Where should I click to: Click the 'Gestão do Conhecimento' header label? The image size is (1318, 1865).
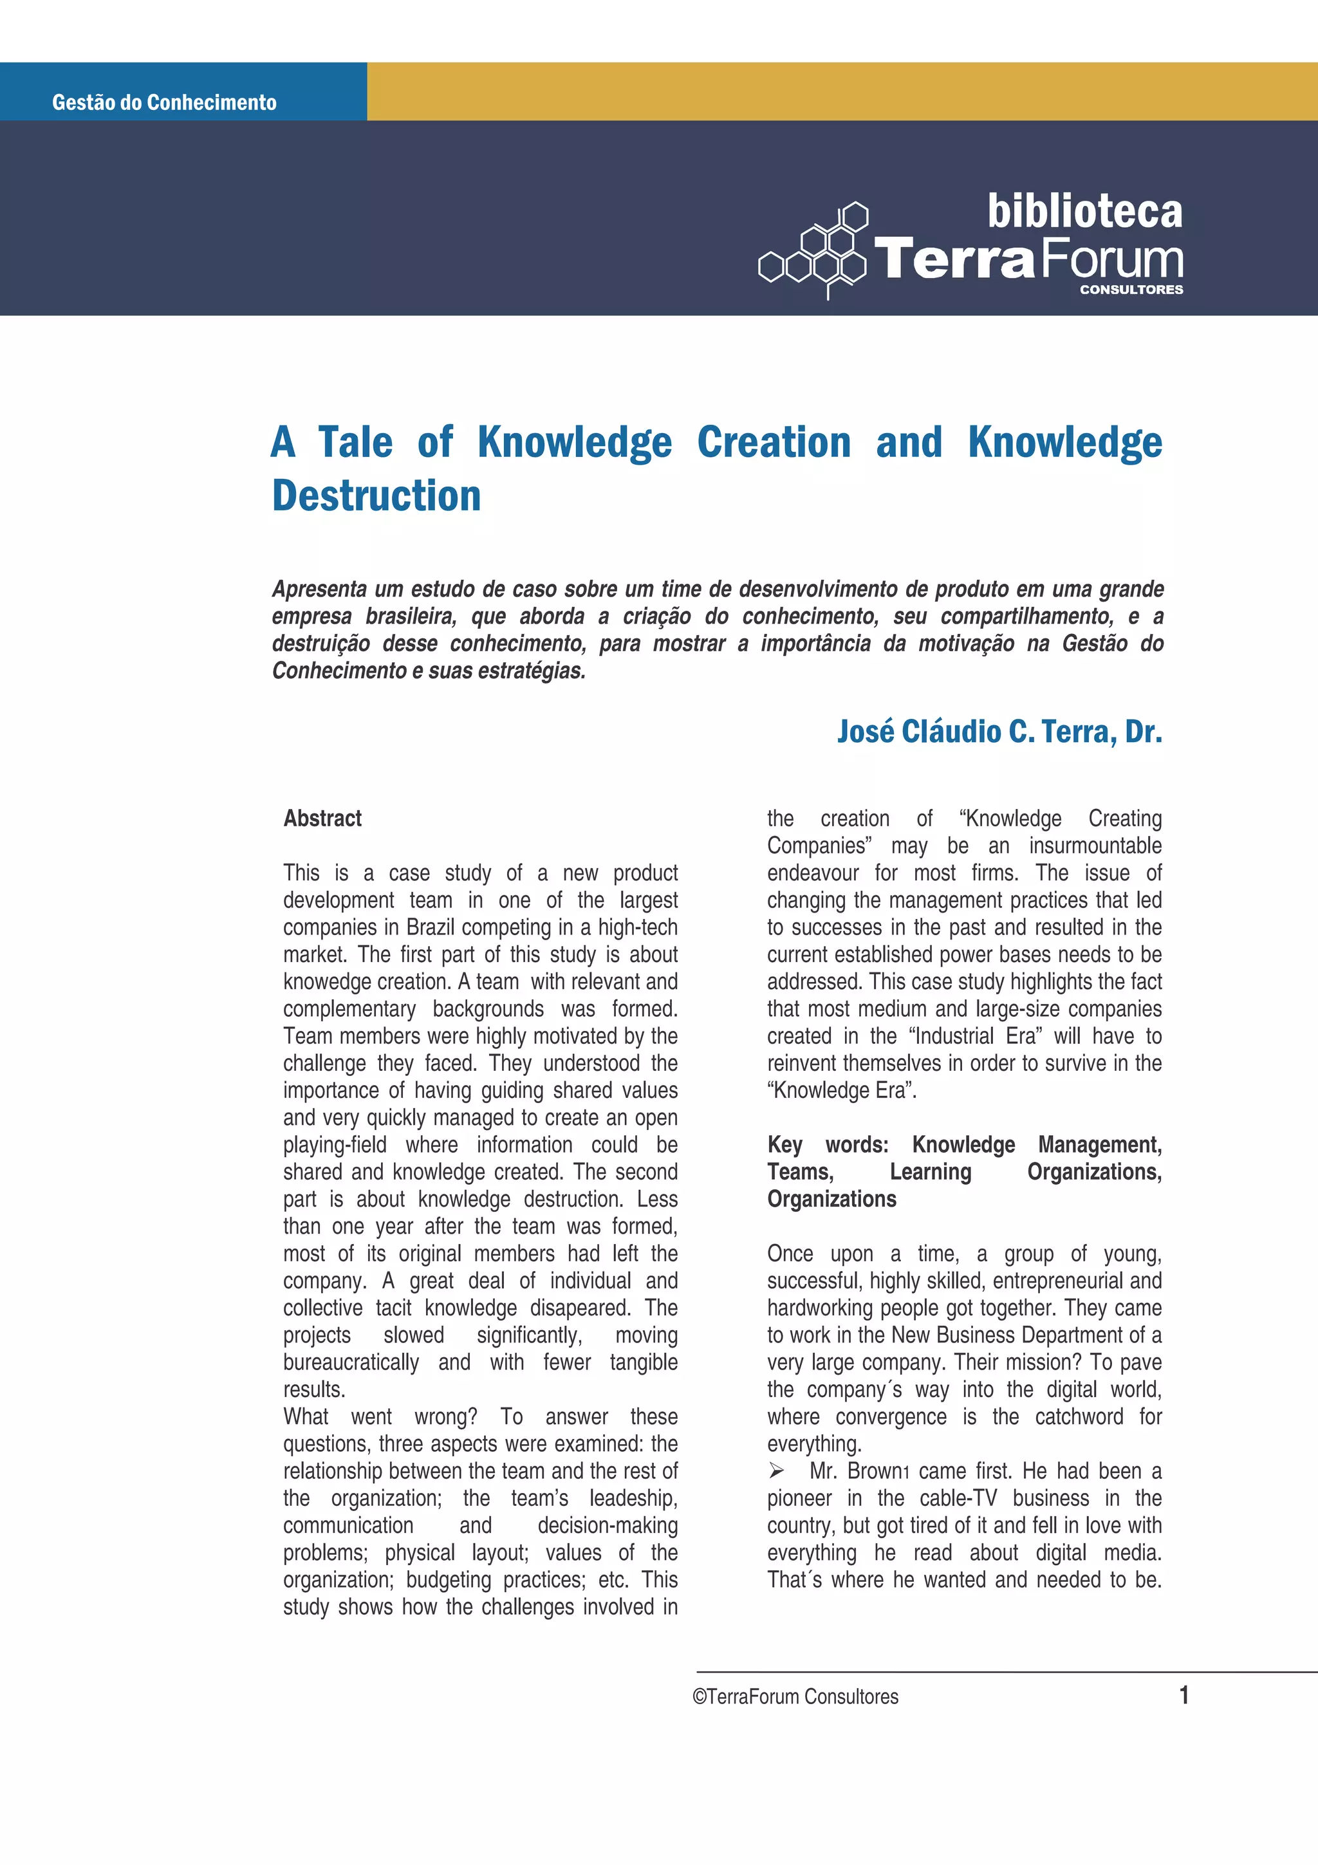pos(164,102)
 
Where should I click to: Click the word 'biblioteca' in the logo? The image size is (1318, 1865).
pos(1084,212)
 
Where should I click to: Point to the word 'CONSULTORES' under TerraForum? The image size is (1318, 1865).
pos(1131,289)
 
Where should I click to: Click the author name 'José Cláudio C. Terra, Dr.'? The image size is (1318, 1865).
pos(999,731)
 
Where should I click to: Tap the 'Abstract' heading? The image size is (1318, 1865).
pos(322,818)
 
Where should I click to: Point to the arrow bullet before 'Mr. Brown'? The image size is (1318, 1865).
pos(776,1471)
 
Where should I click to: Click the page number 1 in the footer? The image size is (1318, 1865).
pos(1184,1694)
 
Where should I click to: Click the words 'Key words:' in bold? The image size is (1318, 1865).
pos(828,1144)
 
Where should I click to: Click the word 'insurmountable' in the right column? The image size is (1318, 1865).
pos(1095,846)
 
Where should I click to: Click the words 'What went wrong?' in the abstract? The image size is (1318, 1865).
pos(380,1416)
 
